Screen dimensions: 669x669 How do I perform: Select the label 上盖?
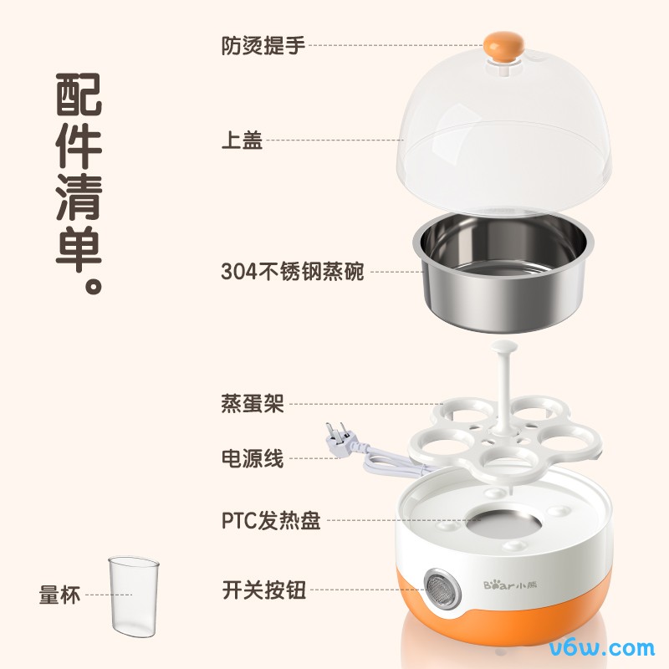(x=242, y=140)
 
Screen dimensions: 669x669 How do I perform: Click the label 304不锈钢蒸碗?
(x=293, y=271)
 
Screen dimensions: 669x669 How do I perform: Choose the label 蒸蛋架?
(x=253, y=404)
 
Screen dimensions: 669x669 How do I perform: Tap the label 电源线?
(x=253, y=457)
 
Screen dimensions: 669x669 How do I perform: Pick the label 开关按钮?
(x=263, y=590)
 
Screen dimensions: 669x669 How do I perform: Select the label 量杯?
(x=59, y=595)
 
